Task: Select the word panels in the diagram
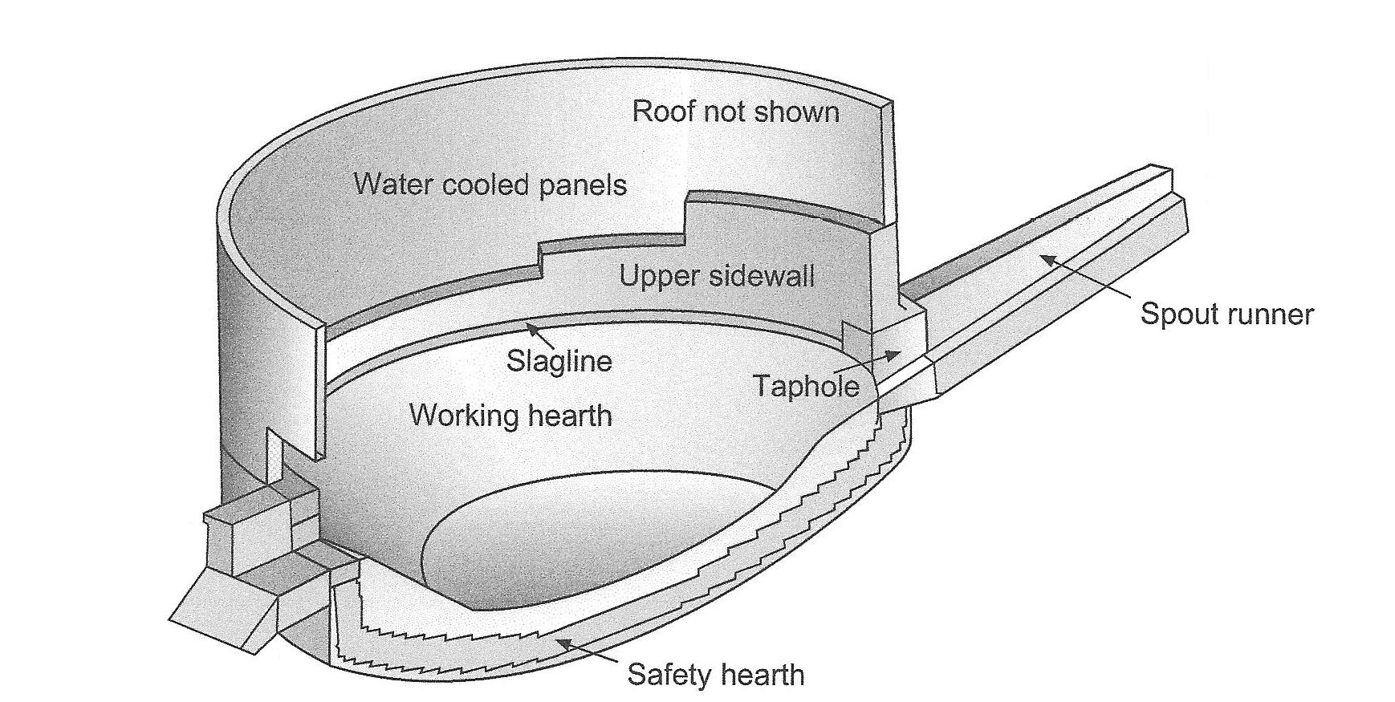[x=583, y=186]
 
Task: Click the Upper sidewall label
[x=716, y=277]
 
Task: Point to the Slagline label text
[x=559, y=361]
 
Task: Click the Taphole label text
[x=806, y=387]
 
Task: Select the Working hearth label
[x=510, y=416]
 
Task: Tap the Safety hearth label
[x=715, y=675]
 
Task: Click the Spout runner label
[x=1226, y=314]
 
